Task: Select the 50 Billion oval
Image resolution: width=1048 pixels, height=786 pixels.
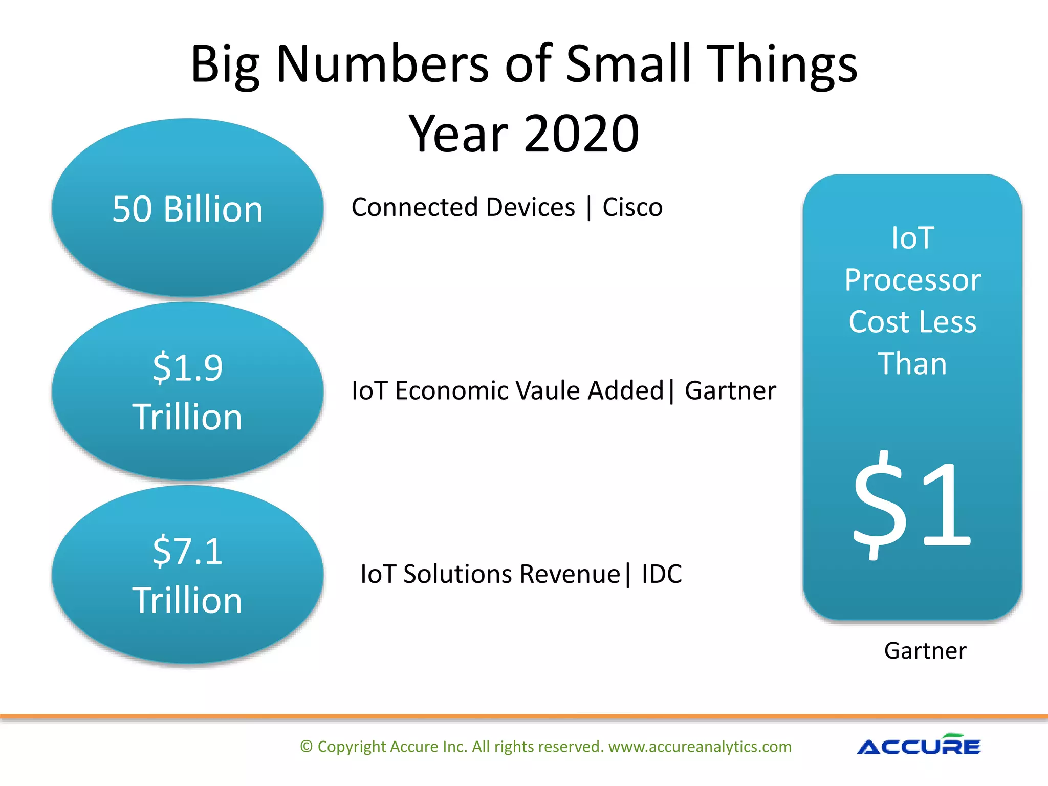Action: click(187, 209)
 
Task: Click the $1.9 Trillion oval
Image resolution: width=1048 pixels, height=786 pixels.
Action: click(187, 391)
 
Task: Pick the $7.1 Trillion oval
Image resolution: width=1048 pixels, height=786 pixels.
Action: click(187, 575)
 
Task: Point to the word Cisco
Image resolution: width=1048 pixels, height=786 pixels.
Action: click(632, 207)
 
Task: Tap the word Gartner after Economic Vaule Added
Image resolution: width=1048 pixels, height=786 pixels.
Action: click(730, 391)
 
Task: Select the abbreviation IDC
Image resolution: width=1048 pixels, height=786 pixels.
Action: click(662, 574)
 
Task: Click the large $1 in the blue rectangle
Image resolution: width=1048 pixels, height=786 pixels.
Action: click(912, 504)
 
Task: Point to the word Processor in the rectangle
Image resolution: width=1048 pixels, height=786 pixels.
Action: click(912, 280)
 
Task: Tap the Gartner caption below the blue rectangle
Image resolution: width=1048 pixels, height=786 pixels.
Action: click(925, 651)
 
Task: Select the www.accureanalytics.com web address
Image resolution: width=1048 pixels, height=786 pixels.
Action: click(700, 747)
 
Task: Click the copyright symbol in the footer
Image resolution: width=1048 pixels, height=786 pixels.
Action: click(306, 747)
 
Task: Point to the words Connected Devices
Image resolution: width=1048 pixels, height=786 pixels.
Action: click(463, 207)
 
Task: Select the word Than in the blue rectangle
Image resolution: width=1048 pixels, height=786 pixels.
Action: click(912, 364)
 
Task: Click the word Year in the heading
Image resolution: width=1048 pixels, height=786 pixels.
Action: click(458, 134)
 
